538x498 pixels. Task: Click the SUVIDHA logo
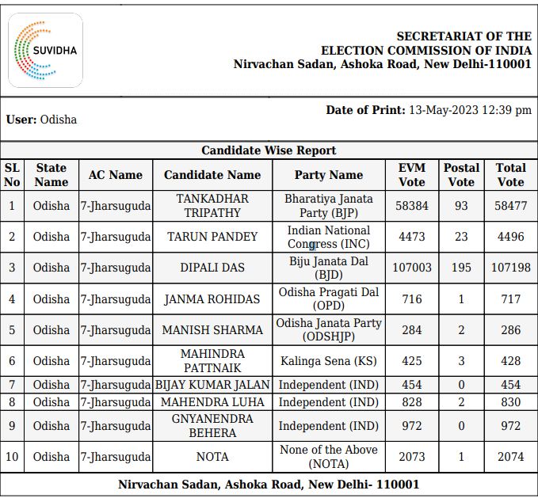click(45, 50)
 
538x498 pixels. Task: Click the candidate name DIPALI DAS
click(212, 268)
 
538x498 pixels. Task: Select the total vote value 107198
click(510, 268)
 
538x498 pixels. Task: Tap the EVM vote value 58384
click(411, 206)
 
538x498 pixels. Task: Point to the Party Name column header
click(328, 175)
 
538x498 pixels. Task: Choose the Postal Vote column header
click(461, 175)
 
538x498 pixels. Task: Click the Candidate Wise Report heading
click(269, 150)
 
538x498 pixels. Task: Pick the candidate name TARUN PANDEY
click(212, 237)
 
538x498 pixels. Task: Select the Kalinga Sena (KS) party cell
click(328, 361)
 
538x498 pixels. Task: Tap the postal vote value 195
click(461, 268)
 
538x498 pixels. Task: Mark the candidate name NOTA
click(212, 457)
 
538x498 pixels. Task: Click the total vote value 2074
click(510, 457)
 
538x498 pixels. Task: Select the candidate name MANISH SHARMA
click(212, 330)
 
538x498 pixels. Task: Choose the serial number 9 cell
click(12, 426)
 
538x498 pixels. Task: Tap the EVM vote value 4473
click(411, 237)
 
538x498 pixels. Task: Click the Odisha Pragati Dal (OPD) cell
click(328, 299)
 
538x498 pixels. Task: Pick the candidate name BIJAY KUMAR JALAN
click(212, 385)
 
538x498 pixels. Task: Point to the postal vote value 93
click(461, 206)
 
